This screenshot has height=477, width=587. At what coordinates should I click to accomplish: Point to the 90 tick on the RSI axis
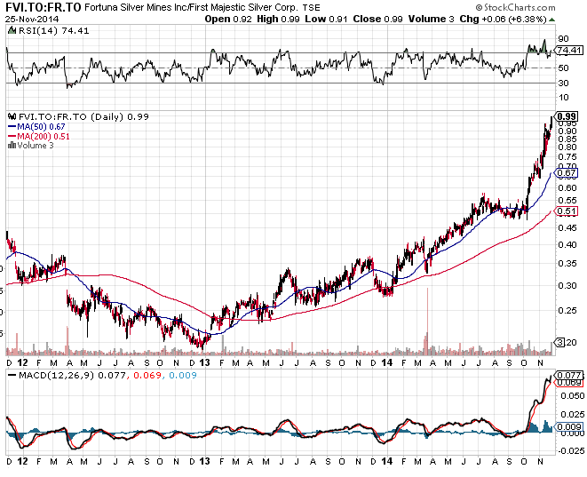[x=562, y=39]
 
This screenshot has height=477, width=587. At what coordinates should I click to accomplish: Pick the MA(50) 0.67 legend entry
[x=38, y=127]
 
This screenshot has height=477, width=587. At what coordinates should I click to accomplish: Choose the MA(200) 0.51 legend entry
[x=40, y=136]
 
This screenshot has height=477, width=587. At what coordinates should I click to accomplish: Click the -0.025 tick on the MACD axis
[x=569, y=452]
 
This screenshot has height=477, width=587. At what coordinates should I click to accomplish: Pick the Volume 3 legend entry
[x=35, y=145]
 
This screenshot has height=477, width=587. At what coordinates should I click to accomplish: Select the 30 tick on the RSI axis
[x=562, y=83]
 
